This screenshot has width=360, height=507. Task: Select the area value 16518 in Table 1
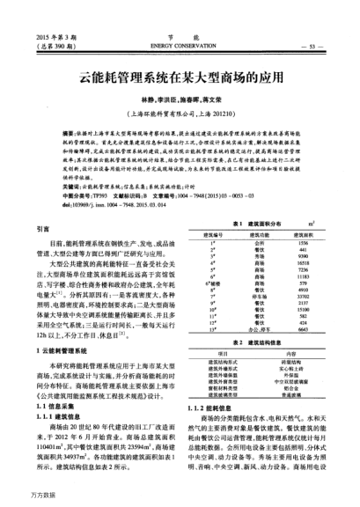(304, 263)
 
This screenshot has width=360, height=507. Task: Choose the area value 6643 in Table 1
(304, 329)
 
